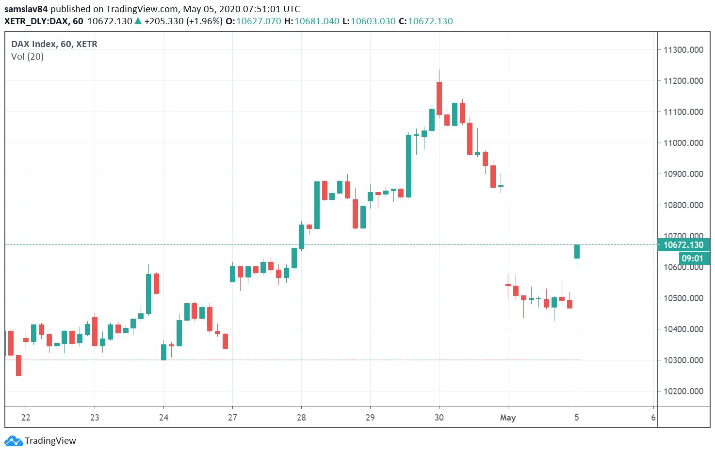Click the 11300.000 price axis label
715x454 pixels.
pyautogui.click(x=683, y=50)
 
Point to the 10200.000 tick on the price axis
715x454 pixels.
pyautogui.click(x=683, y=391)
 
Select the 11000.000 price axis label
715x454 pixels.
pyautogui.click(x=683, y=143)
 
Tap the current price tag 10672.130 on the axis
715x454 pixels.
pyautogui.click(x=683, y=245)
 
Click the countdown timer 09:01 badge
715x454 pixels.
pyautogui.click(x=692, y=259)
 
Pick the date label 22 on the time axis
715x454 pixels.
pyautogui.click(x=26, y=418)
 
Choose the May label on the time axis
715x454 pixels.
pyautogui.click(x=508, y=418)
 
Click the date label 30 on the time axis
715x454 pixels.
pyautogui.click(x=439, y=418)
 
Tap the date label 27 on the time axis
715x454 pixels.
pyautogui.click(x=232, y=418)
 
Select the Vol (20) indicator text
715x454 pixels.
pyautogui.click(x=27, y=57)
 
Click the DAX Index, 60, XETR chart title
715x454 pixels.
pyautogui.click(x=54, y=44)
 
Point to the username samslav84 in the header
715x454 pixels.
pyautogui.click(x=26, y=9)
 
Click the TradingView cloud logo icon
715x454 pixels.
pyautogui.click(x=13, y=441)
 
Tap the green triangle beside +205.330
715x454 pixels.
pyautogui.click(x=138, y=21)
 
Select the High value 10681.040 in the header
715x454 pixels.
pyautogui.click(x=317, y=21)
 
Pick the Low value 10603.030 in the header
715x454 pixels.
pyautogui.click(x=373, y=21)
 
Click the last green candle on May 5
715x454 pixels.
pyautogui.click(x=577, y=251)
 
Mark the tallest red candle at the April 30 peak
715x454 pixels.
pyautogui.click(x=439, y=98)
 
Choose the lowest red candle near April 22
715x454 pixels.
pyautogui.click(x=19, y=365)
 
